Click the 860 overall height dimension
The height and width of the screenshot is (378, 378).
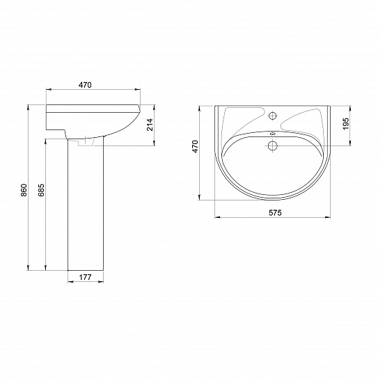coord(24,190)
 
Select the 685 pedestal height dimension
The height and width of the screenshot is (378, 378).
coord(41,190)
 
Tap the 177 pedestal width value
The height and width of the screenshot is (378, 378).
coord(86,277)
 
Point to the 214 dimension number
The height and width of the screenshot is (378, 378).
coord(150,125)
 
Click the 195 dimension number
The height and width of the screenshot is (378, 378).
coord(346,123)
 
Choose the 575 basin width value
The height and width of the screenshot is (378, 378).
coord(275,212)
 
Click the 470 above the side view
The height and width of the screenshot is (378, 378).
coord(86,85)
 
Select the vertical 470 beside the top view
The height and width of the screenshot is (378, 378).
coord(195,146)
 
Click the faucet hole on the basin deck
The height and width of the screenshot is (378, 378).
coord(273,116)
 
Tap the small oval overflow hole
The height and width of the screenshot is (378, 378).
coord(273,134)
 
